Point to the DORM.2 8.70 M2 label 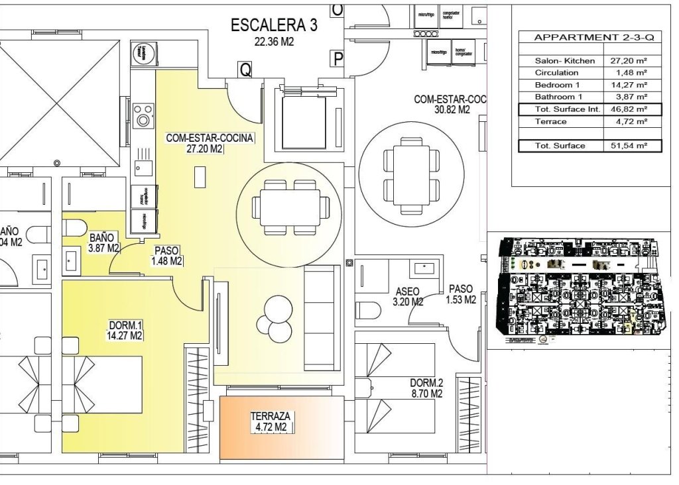click(426, 388)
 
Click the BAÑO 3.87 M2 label click(103, 242)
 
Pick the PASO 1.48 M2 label click(167, 256)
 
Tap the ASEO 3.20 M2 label click(408, 296)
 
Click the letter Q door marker click(245, 70)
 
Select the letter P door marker click(338, 60)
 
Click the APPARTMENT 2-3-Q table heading click(589, 38)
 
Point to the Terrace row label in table click(550, 122)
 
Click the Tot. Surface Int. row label click(560, 109)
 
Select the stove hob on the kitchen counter click(143, 116)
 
